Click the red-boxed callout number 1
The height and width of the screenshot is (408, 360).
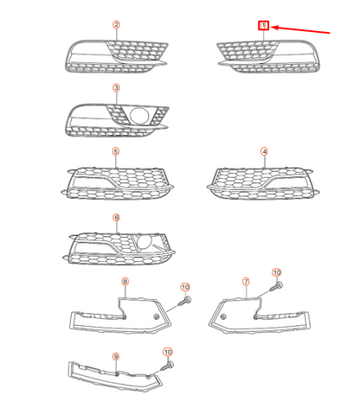(x=264, y=26)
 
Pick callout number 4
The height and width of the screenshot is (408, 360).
(x=264, y=151)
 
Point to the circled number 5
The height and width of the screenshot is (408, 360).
(x=115, y=151)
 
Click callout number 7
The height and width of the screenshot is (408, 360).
(x=246, y=281)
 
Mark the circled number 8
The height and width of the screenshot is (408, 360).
(x=125, y=281)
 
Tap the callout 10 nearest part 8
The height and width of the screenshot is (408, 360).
(x=184, y=286)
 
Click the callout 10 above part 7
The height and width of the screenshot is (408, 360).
(x=277, y=273)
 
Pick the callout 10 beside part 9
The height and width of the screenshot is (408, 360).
(x=168, y=353)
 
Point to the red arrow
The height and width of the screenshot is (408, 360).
(x=303, y=31)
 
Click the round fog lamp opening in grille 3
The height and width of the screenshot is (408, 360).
(x=138, y=113)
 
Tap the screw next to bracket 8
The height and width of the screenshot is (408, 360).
(x=184, y=302)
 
